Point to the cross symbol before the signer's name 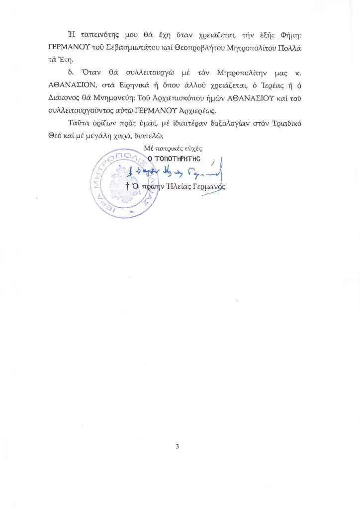coord(128,186)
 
